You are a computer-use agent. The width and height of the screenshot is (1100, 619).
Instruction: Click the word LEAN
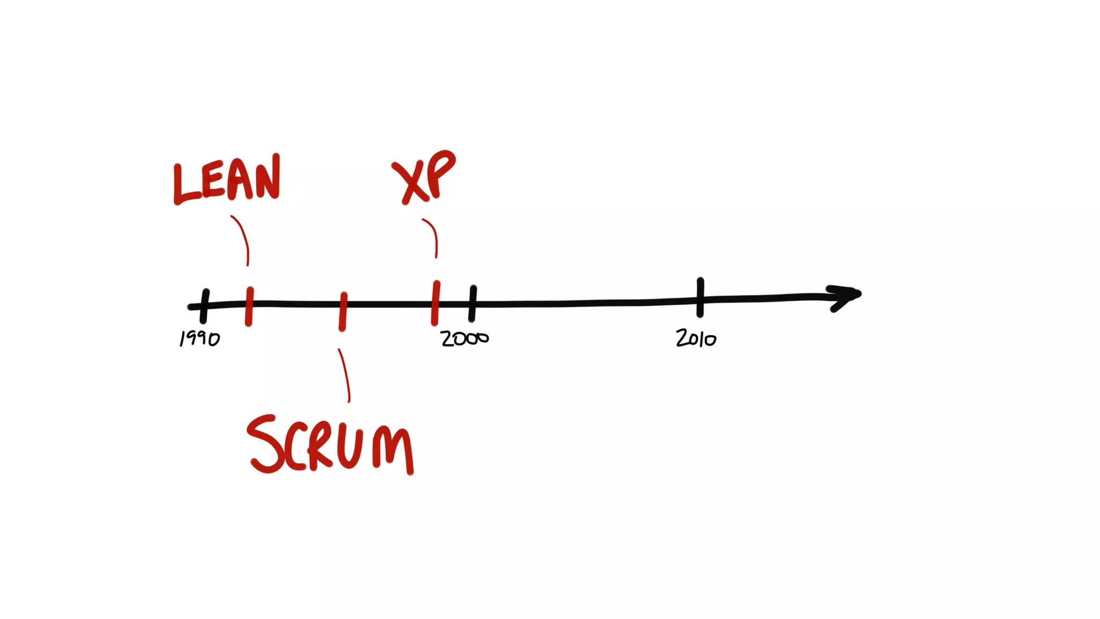[x=227, y=180]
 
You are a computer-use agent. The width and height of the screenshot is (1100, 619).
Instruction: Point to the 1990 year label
[x=199, y=339]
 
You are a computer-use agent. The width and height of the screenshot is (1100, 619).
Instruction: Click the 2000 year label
[x=465, y=339]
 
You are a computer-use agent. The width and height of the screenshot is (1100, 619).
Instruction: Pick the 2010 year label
[x=696, y=339]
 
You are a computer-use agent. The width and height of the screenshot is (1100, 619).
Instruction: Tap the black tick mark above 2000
[x=473, y=304]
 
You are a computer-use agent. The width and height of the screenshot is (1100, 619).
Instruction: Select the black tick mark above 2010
[x=700, y=297]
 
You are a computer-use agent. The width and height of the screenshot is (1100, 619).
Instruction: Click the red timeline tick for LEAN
[x=249, y=306]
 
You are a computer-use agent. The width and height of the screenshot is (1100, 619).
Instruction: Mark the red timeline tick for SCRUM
[x=343, y=312]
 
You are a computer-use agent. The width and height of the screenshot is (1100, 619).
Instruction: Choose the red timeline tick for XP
[x=435, y=303]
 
